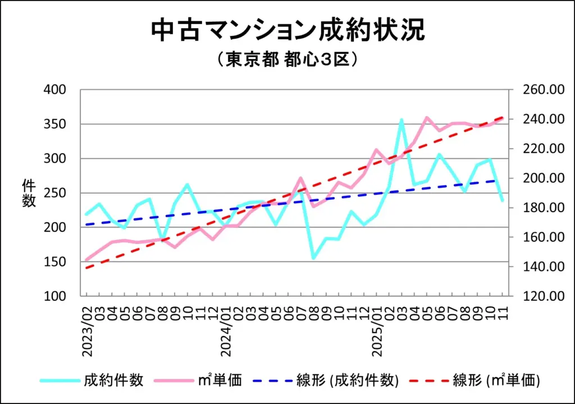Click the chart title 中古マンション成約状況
point(287,31)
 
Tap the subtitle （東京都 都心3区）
point(287,59)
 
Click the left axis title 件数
point(29,192)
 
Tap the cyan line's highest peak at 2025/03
point(401,120)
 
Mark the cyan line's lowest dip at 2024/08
point(313,258)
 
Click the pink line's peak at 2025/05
point(427,117)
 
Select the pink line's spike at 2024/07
point(301,178)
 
